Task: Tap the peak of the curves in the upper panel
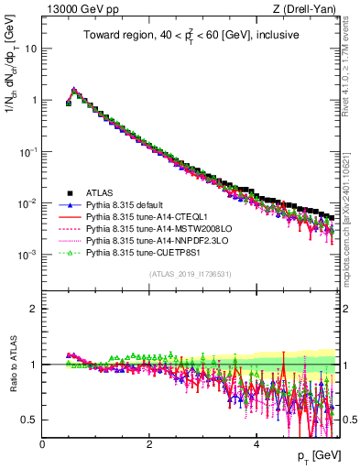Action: [74, 91]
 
